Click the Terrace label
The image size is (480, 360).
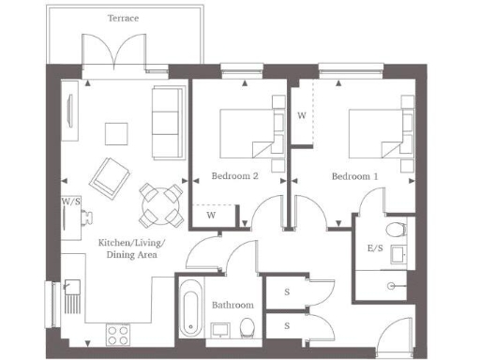(x=124, y=18)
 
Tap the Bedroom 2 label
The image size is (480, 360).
(x=234, y=175)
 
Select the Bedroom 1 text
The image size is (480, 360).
(x=355, y=175)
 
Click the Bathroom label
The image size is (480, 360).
(x=232, y=305)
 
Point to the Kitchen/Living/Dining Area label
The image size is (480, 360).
(x=131, y=248)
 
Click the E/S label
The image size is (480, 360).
(x=374, y=248)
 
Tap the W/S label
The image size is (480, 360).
(x=69, y=202)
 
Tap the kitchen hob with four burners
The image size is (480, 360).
(x=119, y=332)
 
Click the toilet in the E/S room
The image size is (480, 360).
(x=397, y=229)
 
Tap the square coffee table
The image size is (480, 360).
(x=117, y=133)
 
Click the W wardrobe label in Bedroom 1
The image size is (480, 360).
(x=301, y=115)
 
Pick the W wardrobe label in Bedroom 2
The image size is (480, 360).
(x=212, y=216)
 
